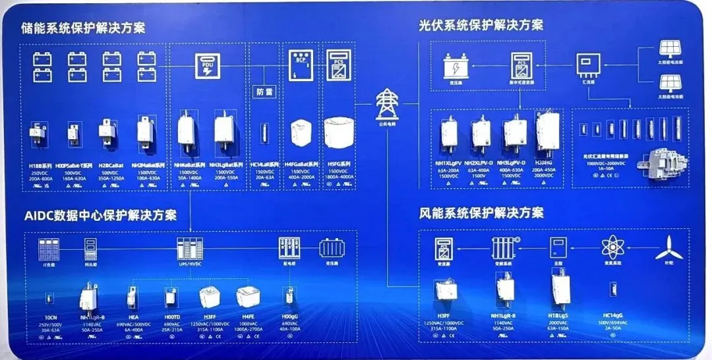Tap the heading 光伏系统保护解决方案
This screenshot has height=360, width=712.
[x=481, y=25]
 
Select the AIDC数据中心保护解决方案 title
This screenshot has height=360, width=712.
[x=101, y=215]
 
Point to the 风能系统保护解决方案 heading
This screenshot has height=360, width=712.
[x=481, y=214]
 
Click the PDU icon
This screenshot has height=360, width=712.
[x=206, y=65]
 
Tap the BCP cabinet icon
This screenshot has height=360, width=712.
[x=300, y=64]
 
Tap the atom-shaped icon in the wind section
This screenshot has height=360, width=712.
[x=613, y=248]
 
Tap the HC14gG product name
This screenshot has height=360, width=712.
[x=613, y=315]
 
